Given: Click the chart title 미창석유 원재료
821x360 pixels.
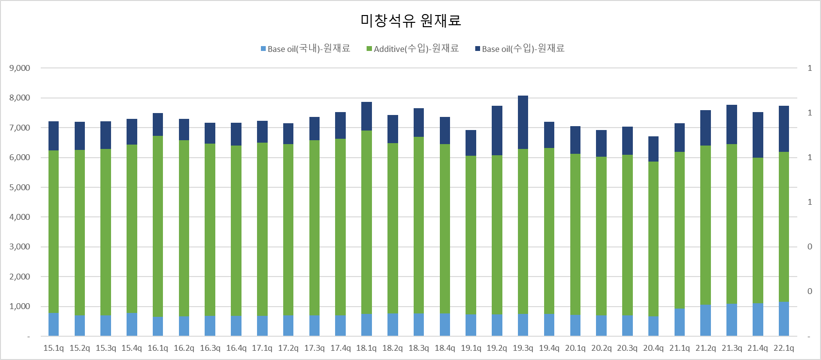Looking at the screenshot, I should point(410,20).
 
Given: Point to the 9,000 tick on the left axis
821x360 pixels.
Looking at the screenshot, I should point(20,68).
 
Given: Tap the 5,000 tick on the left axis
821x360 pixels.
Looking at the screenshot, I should point(20,187).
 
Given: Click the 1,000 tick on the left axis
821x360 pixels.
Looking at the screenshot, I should point(20,306).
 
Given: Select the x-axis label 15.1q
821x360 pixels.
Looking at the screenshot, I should point(53,348).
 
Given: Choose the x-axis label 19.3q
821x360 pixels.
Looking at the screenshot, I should point(523,348).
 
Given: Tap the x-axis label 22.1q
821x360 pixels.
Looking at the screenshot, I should point(784,348).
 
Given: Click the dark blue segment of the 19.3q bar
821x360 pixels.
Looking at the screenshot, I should point(523,122).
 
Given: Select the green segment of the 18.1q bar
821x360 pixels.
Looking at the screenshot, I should point(367,222).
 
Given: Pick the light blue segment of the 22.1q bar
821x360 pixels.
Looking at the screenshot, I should point(784,319).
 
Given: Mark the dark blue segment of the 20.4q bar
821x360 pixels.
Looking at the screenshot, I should point(653,149).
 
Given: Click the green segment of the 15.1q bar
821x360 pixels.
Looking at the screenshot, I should point(53,232).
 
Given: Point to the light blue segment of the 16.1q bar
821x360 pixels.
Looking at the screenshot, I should point(158,327).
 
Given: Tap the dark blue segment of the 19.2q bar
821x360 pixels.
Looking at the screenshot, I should point(497,131).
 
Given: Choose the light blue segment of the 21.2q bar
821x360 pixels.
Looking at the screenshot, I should point(706,320).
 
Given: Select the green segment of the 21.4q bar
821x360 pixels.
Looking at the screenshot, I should point(757,230).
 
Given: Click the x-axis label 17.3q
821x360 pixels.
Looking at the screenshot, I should point(314,348).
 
